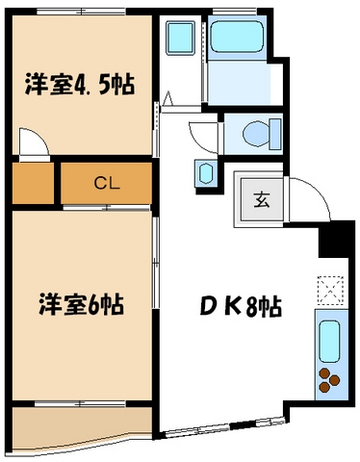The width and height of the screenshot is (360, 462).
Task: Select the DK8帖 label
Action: coord(241,308)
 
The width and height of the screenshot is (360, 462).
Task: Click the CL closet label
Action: coord(106,183)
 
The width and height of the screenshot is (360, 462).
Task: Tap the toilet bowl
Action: coord(254,132)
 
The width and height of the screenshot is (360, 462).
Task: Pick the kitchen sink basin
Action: coord(328,339)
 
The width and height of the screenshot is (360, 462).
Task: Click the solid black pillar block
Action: coord(336,238)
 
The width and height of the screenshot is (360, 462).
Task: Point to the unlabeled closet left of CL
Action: coord(33,183)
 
